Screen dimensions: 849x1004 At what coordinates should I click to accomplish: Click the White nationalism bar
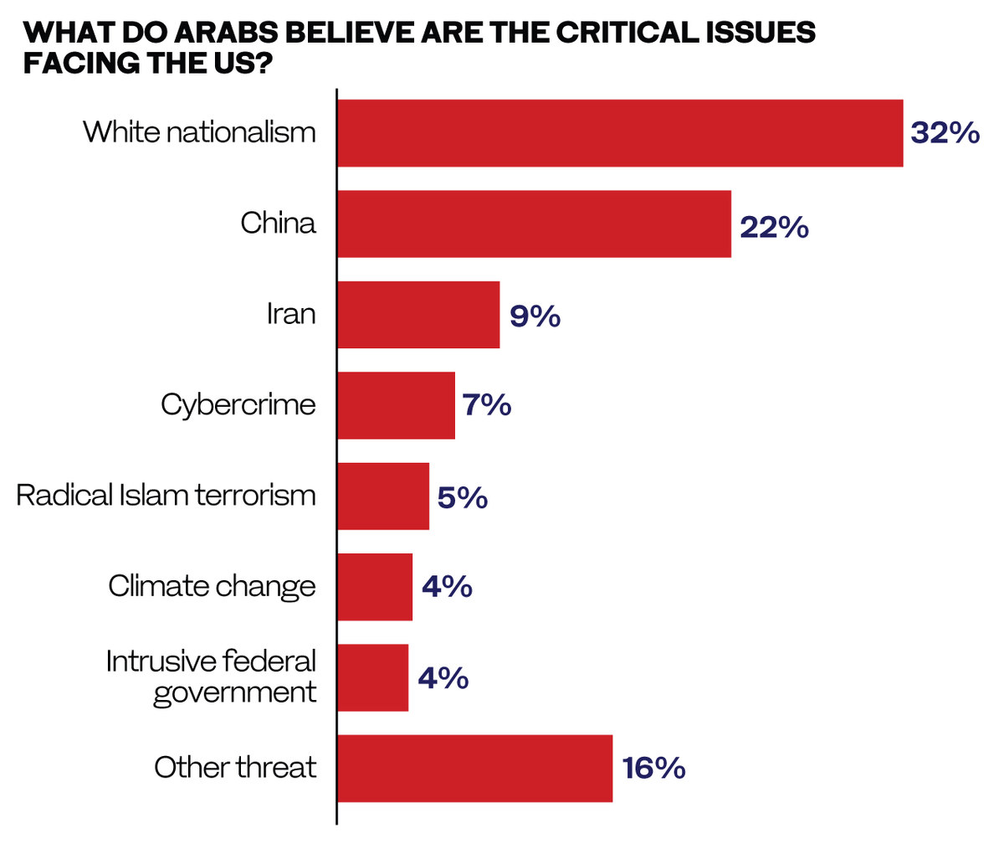(620, 133)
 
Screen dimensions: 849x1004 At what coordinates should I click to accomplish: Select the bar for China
(534, 224)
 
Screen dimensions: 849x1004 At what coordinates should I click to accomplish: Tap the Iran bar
(418, 315)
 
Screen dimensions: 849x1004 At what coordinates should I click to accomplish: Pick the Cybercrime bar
(396, 405)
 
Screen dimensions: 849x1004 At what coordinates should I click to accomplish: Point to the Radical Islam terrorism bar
(383, 496)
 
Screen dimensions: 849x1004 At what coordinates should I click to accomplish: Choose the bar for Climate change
(375, 587)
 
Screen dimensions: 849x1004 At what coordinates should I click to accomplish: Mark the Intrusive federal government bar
(373, 677)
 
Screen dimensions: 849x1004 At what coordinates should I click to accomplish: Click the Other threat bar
(474, 769)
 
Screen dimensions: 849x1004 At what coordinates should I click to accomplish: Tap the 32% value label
(945, 133)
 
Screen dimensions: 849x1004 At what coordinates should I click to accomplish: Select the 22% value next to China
(774, 227)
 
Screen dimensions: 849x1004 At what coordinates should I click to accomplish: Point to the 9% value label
(535, 316)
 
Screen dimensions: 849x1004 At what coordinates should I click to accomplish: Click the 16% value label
(653, 769)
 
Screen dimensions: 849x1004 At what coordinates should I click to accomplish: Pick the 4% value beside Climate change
(447, 587)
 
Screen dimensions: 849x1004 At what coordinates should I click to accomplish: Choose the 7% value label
(487, 405)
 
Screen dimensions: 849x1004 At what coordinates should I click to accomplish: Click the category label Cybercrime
(238, 405)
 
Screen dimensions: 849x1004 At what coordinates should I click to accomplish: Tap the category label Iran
(291, 315)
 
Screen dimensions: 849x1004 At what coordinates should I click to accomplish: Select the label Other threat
(235, 767)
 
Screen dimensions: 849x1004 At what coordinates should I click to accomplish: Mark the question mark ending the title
(265, 63)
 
